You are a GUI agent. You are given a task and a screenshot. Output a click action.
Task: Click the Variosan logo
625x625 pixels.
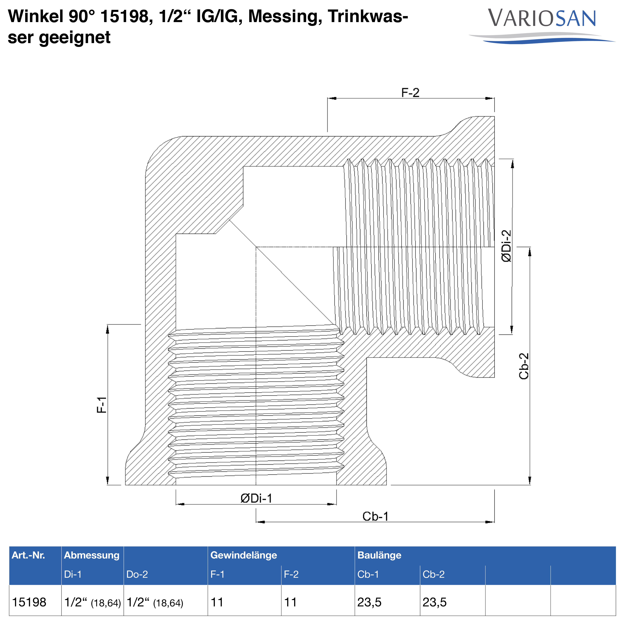[542, 26]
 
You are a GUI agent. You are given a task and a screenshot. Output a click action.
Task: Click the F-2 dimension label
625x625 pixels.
[410, 93]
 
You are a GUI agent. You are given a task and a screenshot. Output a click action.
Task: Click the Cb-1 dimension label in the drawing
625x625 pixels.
[375, 517]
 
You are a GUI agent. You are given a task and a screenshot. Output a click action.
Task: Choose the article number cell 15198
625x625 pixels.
[29, 602]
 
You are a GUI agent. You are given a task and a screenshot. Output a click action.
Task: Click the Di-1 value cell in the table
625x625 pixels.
[93, 602]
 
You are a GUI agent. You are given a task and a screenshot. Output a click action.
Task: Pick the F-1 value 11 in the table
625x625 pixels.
[217, 602]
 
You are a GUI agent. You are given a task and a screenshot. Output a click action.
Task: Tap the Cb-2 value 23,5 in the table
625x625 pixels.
[434, 602]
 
